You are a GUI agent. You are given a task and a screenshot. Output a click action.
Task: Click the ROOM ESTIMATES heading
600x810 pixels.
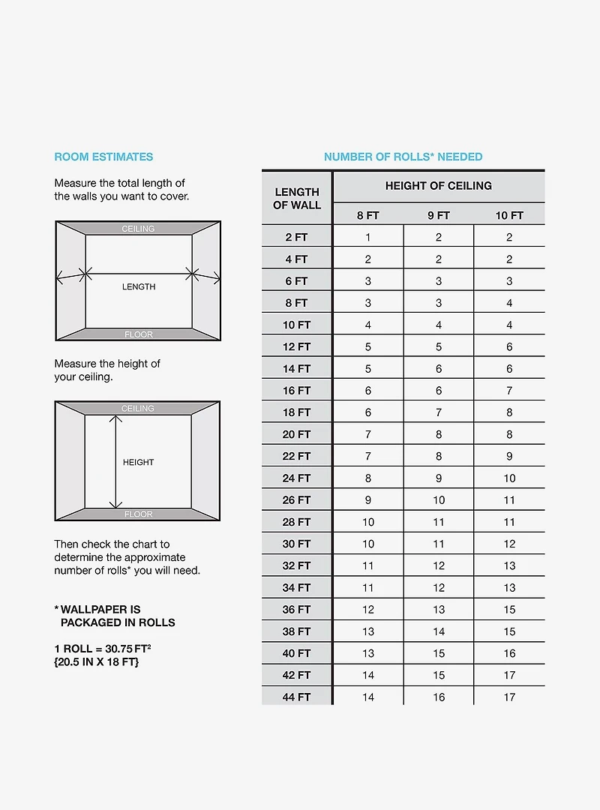(x=103, y=157)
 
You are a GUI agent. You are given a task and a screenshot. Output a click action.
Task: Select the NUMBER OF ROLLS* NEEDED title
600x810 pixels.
(x=403, y=157)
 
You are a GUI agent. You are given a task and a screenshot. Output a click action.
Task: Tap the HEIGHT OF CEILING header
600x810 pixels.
(x=439, y=186)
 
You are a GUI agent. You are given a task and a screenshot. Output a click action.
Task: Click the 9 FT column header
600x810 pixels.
(x=439, y=215)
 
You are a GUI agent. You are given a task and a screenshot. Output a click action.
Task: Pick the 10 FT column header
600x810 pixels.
(x=509, y=215)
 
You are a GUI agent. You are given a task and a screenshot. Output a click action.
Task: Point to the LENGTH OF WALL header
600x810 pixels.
(x=297, y=198)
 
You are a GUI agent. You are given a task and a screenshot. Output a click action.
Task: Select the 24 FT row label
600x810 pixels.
(x=297, y=478)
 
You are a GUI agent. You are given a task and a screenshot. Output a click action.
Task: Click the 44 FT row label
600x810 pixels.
(x=297, y=697)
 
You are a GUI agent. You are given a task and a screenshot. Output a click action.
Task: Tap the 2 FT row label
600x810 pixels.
(x=297, y=237)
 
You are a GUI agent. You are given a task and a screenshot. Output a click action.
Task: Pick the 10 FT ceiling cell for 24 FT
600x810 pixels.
(x=509, y=478)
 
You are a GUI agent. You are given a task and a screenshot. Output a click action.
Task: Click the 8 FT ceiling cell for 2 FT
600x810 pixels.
(x=368, y=237)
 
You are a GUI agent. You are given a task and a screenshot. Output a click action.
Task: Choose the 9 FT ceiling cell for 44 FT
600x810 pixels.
(x=439, y=697)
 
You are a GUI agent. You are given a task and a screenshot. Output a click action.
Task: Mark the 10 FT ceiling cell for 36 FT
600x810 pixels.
(x=509, y=609)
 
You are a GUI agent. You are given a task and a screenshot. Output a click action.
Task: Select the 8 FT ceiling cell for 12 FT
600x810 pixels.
(x=368, y=346)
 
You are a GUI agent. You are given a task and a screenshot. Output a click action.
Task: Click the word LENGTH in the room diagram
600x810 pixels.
(x=139, y=286)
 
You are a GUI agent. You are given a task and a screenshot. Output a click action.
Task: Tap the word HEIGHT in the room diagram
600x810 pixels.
(x=138, y=462)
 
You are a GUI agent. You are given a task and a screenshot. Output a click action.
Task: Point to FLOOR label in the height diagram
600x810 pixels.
(x=138, y=514)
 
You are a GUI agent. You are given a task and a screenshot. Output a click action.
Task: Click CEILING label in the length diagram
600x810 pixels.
(x=138, y=229)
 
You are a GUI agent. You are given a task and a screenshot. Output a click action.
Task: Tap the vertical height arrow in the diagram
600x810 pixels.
(x=115, y=462)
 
